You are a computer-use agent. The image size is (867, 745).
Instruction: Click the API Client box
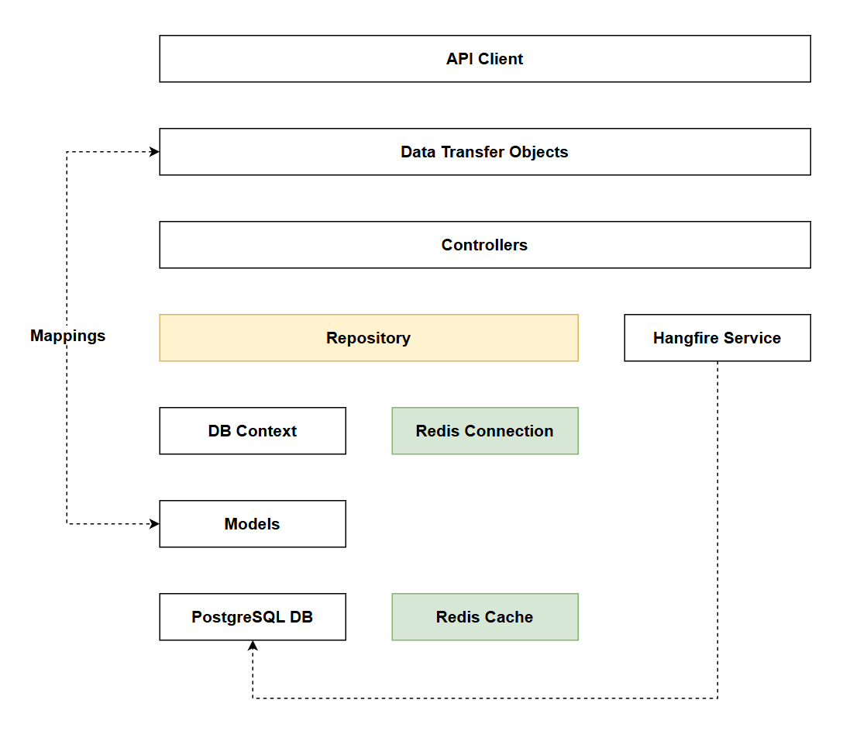[x=484, y=59]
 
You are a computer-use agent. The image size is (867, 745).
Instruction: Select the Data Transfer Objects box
[x=484, y=152]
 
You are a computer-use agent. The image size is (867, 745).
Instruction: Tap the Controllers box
[x=484, y=245]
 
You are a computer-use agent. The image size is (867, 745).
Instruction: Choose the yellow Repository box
[x=368, y=338]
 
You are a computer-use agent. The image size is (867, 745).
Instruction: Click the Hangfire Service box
[x=717, y=338]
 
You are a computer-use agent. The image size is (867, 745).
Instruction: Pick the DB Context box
[x=252, y=431]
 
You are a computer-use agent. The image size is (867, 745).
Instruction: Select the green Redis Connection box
[x=484, y=431]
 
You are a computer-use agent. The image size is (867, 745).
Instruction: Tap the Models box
[x=252, y=524]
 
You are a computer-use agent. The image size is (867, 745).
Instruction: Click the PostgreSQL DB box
[x=252, y=617]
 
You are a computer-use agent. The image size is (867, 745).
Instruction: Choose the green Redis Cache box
[x=484, y=617]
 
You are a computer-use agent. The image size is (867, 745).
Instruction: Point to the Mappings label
[x=67, y=336]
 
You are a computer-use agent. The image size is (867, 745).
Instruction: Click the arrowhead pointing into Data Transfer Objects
[x=154, y=152]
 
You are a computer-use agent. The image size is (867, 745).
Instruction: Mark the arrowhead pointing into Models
[x=154, y=524]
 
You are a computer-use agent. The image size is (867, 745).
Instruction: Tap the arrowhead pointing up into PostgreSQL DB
[x=253, y=646]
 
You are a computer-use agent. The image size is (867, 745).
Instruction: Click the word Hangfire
[x=685, y=338]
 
